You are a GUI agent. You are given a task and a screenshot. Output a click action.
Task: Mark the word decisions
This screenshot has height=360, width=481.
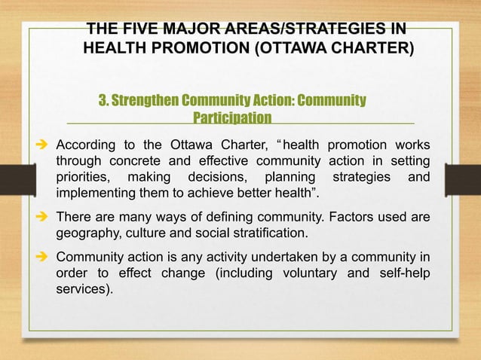point(216,179)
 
